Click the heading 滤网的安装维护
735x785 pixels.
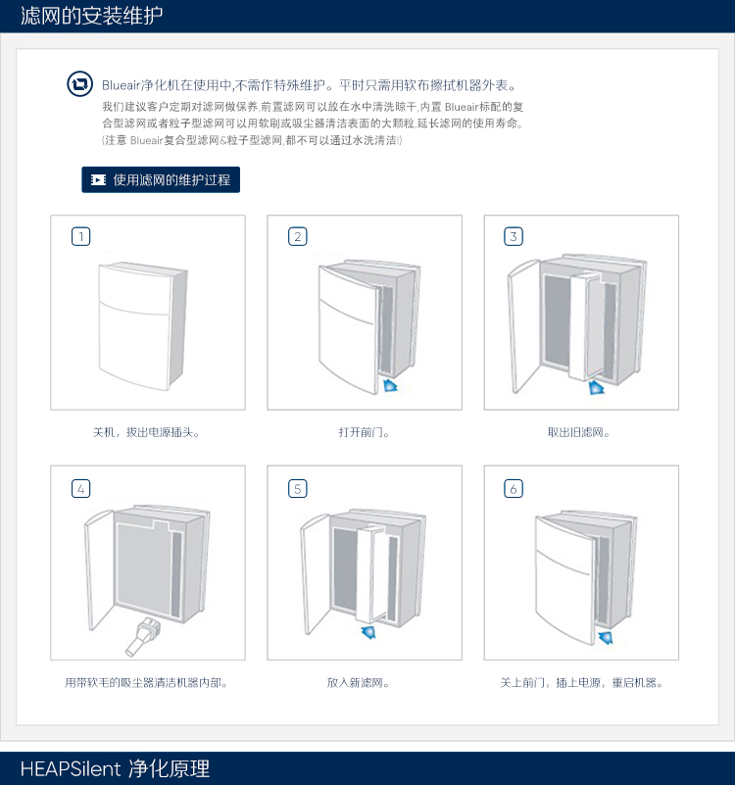click(x=92, y=16)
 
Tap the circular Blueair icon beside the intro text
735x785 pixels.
click(x=79, y=84)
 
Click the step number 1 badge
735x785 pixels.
click(x=81, y=236)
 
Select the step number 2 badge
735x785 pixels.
click(x=298, y=236)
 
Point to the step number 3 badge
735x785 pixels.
click(x=514, y=236)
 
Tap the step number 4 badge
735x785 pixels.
click(x=81, y=487)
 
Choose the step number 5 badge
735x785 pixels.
click(x=298, y=487)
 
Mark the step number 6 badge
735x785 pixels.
click(x=514, y=487)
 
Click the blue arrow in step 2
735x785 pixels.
click(x=391, y=386)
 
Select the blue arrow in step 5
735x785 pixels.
click(x=369, y=633)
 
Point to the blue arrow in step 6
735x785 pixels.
click(x=608, y=638)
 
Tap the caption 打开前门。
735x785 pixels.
click(x=365, y=431)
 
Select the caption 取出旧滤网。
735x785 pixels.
click(x=580, y=431)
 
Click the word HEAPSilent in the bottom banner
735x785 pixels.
click(x=71, y=768)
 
